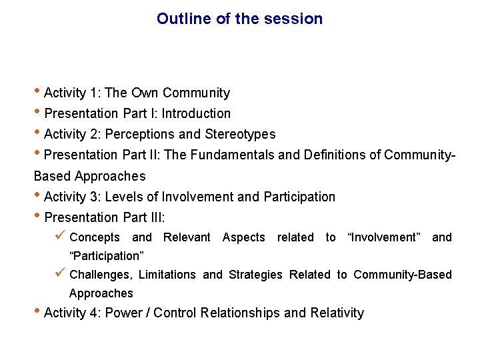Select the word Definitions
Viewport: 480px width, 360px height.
[336, 155]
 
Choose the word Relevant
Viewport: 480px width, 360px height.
[187, 237]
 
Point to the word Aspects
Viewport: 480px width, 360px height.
[243, 237]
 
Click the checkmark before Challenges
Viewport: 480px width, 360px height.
[61, 274]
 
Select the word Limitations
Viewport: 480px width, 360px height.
[167, 275]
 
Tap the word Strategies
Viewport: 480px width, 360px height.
[255, 275]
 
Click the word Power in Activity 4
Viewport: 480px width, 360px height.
[124, 313]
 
